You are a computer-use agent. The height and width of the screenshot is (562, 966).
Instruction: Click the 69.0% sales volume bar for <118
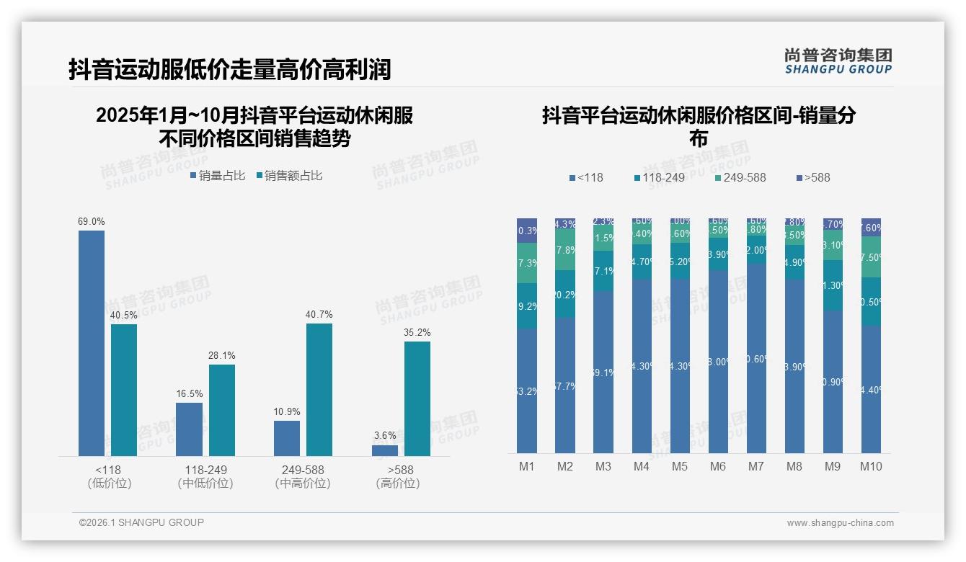[x=92, y=343]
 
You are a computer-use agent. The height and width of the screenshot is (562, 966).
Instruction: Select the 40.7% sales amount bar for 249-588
[x=319, y=389]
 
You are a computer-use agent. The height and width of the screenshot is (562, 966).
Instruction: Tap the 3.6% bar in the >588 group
[x=385, y=450]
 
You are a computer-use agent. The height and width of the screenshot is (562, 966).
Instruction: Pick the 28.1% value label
[x=222, y=355]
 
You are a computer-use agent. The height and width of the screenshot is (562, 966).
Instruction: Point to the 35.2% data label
[x=417, y=332]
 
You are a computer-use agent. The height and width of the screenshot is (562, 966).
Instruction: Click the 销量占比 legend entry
[x=218, y=176]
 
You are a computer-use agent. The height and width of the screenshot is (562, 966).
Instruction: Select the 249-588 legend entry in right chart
[x=740, y=177]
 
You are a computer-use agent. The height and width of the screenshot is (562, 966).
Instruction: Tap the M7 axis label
[x=755, y=466]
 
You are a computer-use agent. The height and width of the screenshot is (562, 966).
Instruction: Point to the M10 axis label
[x=871, y=466]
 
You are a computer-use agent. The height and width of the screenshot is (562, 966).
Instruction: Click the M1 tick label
[x=527, y=466]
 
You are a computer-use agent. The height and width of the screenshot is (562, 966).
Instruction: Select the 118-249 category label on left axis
[x=205, y=470]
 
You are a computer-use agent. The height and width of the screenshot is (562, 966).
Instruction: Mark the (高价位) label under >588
[x=397, y=483]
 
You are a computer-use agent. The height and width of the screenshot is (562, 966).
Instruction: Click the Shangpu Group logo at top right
[x=838, y=61]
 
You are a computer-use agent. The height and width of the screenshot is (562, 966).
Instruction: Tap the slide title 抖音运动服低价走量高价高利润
[x=230, y=69]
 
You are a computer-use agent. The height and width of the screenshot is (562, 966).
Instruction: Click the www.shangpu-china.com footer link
[x=840, y=523]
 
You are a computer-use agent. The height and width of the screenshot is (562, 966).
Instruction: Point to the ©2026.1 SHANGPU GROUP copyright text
[x=141, y=522]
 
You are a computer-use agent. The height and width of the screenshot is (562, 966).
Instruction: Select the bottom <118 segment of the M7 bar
[x=756, y=358]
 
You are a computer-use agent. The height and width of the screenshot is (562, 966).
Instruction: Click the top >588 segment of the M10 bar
[x=871, y=226]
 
